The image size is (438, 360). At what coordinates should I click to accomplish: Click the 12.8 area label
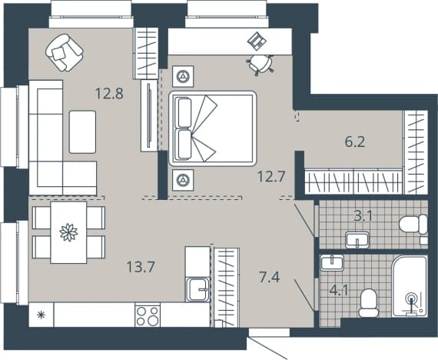(109, 93)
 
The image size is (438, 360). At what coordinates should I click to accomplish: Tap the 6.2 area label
(355, 142)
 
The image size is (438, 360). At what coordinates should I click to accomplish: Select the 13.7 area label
(141, 267)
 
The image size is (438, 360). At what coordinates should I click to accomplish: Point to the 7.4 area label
(269, 277)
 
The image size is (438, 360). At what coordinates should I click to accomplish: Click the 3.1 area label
(363, 215)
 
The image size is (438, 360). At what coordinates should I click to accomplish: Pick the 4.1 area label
(339, 290)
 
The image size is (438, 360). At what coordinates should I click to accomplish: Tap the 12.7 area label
(271, 176)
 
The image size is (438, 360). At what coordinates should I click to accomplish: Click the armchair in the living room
(65, 52)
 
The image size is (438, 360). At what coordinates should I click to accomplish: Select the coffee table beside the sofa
(82, 132)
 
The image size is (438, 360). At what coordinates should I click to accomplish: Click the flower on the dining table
(68, 232)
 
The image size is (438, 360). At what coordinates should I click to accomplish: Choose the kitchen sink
(197, 290)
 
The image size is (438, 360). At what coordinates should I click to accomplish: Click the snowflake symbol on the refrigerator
(41, 315)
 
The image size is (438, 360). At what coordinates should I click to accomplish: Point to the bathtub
(410, 286)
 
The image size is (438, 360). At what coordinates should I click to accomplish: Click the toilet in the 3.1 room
(413, 225)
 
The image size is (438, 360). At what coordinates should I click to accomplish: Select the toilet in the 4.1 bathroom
(368, 303)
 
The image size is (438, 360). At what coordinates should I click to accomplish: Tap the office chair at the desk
(261, 65)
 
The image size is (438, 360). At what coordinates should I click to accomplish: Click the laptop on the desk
(257, 41)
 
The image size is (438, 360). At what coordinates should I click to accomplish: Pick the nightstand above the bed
(183, 76)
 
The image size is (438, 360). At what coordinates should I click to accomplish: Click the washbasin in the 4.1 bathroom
(332, 262)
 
